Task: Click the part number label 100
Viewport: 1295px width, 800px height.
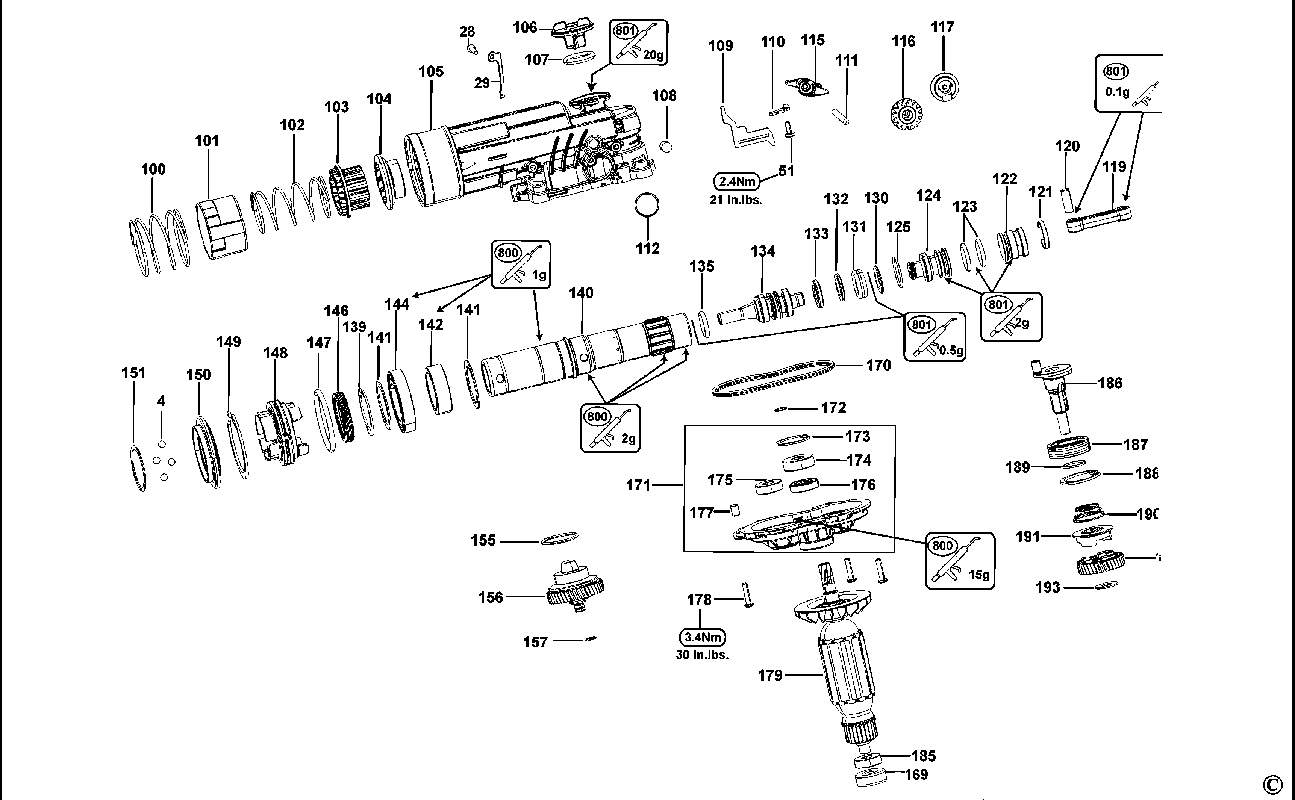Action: click(x=153, y=169)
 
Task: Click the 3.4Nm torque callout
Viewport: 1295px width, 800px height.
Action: click(x=702, y=637)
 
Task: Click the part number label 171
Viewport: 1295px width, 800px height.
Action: click(x=638, y=485)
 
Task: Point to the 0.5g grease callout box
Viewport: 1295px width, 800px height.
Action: click(x=934, y=337)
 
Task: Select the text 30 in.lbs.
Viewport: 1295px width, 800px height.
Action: click(x=702, y=655)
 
